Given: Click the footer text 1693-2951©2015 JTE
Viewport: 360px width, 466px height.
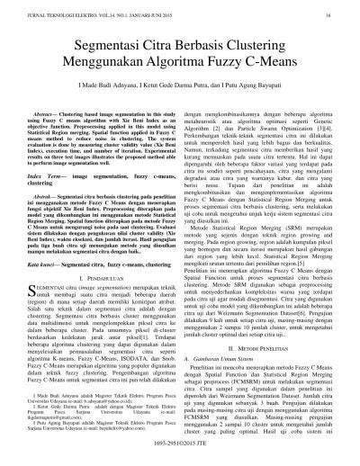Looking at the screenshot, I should click(180, 457).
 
